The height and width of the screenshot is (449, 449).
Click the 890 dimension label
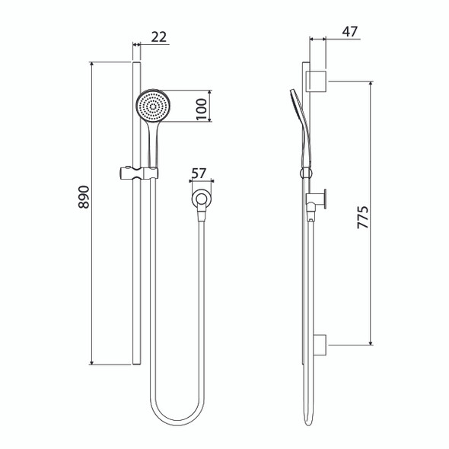tap(84, 197)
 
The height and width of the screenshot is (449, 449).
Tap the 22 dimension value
tap(158, 37)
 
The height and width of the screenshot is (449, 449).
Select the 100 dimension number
tap(202, 110)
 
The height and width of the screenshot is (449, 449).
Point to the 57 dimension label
tap(199, 174)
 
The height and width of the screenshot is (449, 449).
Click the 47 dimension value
tap(350, 31)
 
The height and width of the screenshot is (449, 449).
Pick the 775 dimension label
tap(363, 217)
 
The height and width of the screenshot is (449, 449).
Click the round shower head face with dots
tap(153, 107)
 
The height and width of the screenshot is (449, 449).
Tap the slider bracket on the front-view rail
tap(139, 174)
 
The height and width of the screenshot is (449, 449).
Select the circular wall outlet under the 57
tap(202, 198)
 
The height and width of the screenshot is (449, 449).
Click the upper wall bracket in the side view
tap(317, 81)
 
